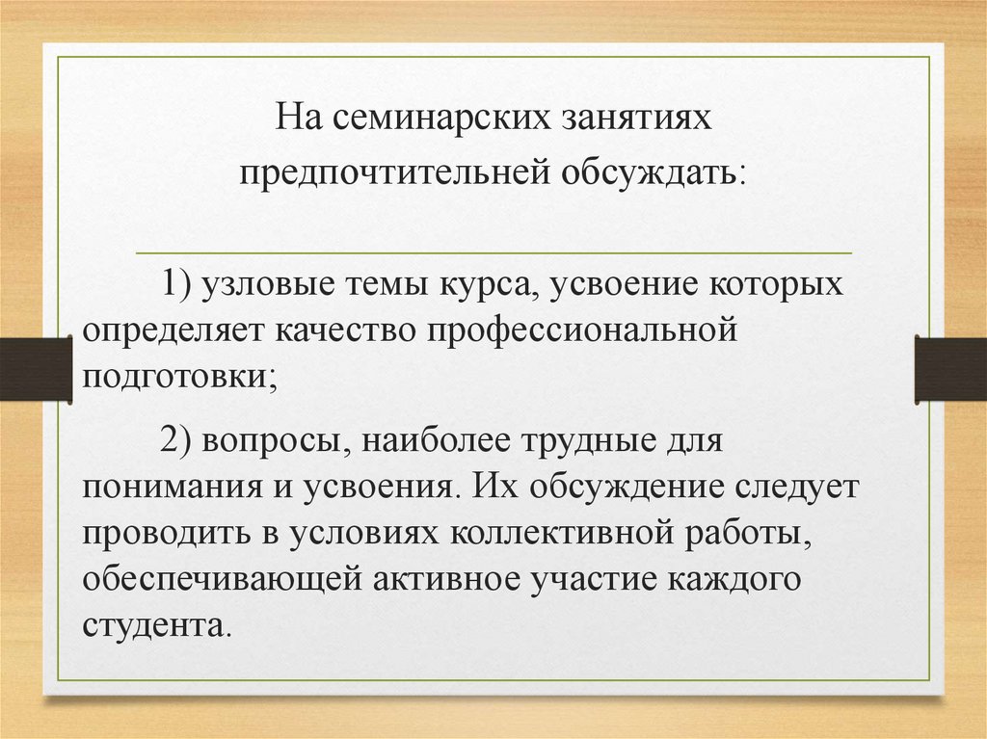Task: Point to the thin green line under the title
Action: coord(493,252)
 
